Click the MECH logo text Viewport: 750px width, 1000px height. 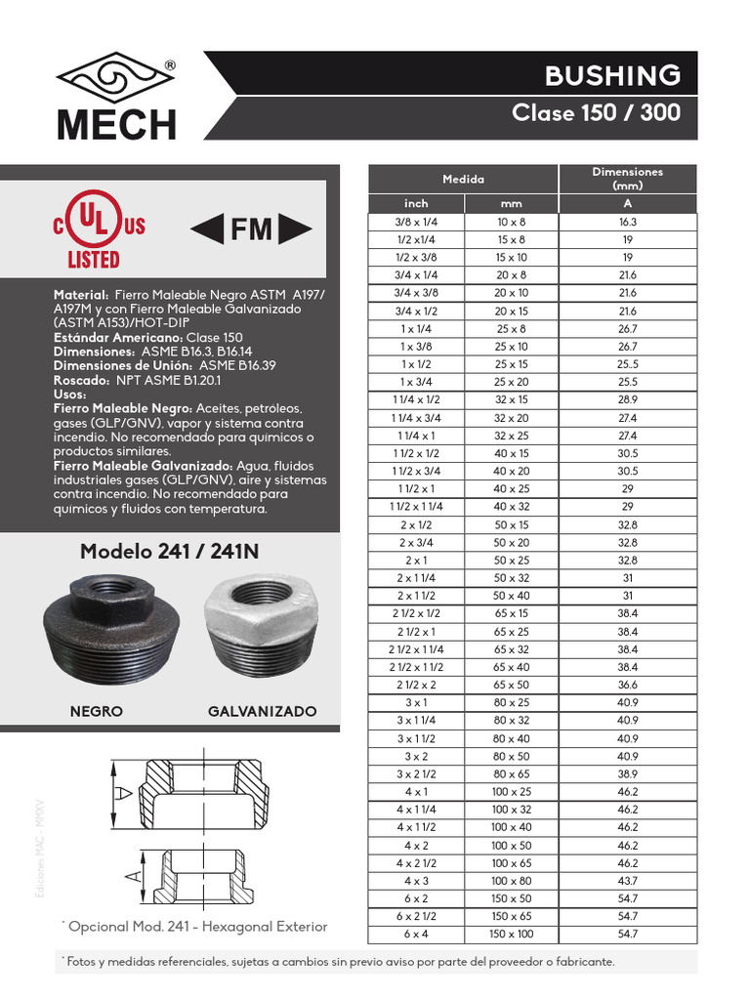coord(116,124)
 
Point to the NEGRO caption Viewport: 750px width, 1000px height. coord(97,711)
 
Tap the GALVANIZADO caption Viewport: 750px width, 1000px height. coord(262,711)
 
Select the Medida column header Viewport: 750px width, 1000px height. coord(463,179)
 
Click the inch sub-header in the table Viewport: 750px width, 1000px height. coord(416,203)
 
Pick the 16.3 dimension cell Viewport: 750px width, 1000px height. coord(627,222)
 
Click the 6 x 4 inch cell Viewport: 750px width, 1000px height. coord(416,935)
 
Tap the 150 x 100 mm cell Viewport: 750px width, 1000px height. coord(511,935)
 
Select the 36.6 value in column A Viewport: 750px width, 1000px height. coord(627,686)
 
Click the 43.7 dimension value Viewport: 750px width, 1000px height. coord(627,881)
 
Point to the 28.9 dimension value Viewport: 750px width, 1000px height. coord(627,400)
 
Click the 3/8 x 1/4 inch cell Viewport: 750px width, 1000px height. coord(416,222)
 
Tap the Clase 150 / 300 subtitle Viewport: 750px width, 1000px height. coord(596,113)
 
